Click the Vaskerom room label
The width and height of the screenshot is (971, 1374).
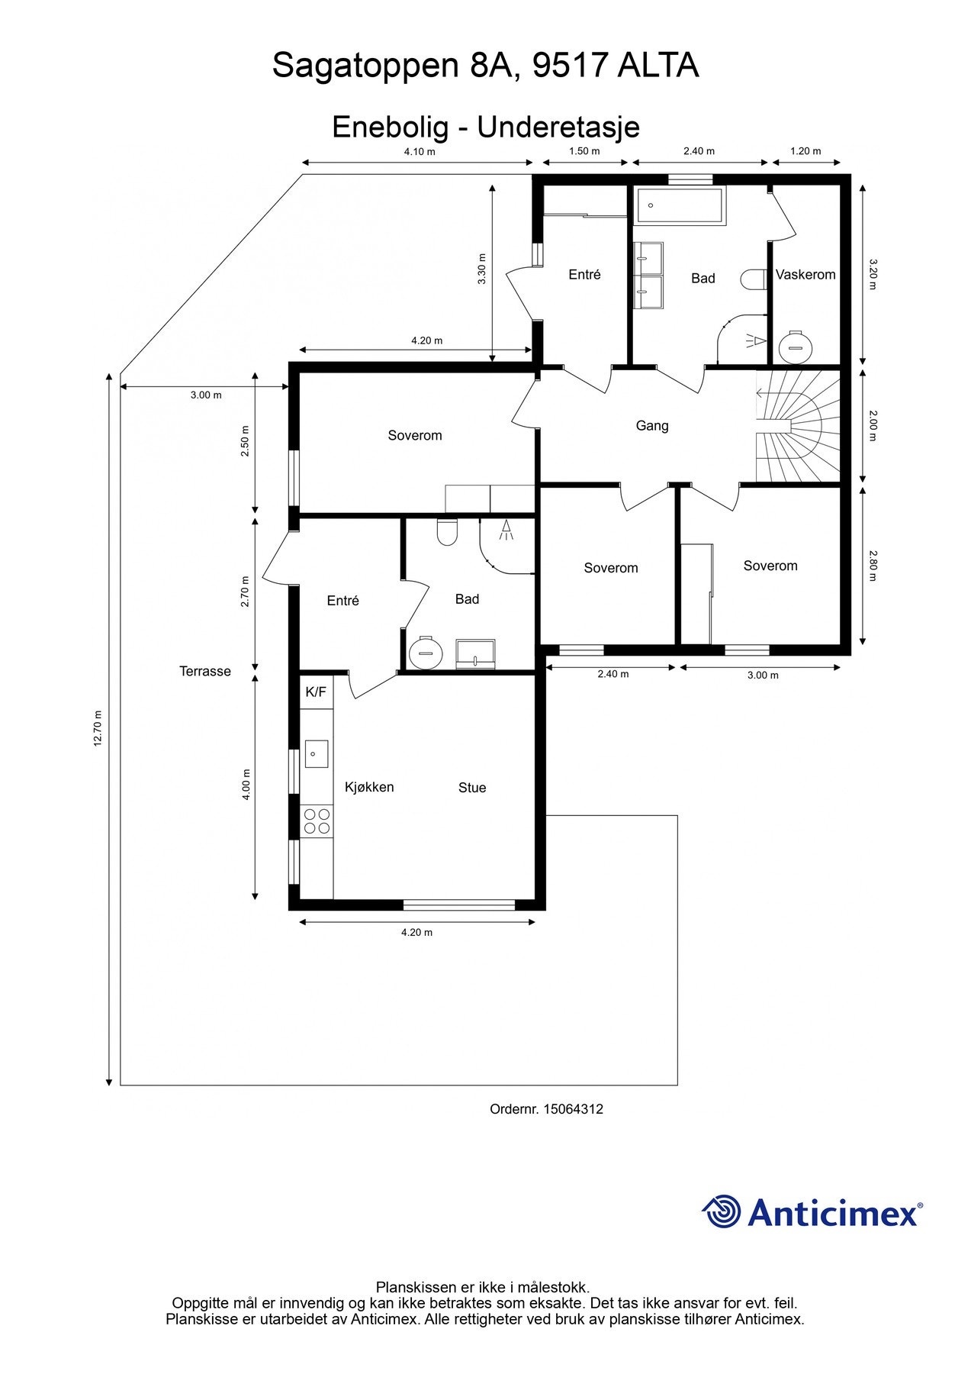click(x=805, y=275)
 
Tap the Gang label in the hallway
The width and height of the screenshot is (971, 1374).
click(x=652, y=426)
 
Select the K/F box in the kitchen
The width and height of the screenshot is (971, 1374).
click(x=316, y=692)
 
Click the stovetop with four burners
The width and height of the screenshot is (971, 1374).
click(x=317, y=821)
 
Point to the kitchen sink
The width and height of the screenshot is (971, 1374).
click(x=317, y=753)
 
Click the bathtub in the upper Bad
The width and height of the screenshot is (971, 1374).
click(x=679, y=205)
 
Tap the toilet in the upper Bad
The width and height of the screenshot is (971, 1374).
click(x=754, y=279)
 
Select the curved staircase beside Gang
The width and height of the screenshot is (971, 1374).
click(x=798, y=426)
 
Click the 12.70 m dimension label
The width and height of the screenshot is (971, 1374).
click(x=98, y=729)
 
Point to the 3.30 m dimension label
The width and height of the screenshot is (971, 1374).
click(x=481, y=269)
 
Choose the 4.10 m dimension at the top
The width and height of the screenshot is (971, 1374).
click(x=420, y=151)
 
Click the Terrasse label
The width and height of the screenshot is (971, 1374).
click(x=205, y=672)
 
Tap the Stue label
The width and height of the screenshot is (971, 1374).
click(x=472, y=788)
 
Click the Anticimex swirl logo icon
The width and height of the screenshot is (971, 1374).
click(x=722, y=1211)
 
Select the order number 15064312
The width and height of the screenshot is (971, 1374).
click(x=573, y=1109)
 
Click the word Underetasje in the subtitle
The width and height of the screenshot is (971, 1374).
click(x=558, y=127)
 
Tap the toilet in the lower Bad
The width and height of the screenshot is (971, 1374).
click(x=447, y=532)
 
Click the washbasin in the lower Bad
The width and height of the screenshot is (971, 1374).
click(x=476, y=653)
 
